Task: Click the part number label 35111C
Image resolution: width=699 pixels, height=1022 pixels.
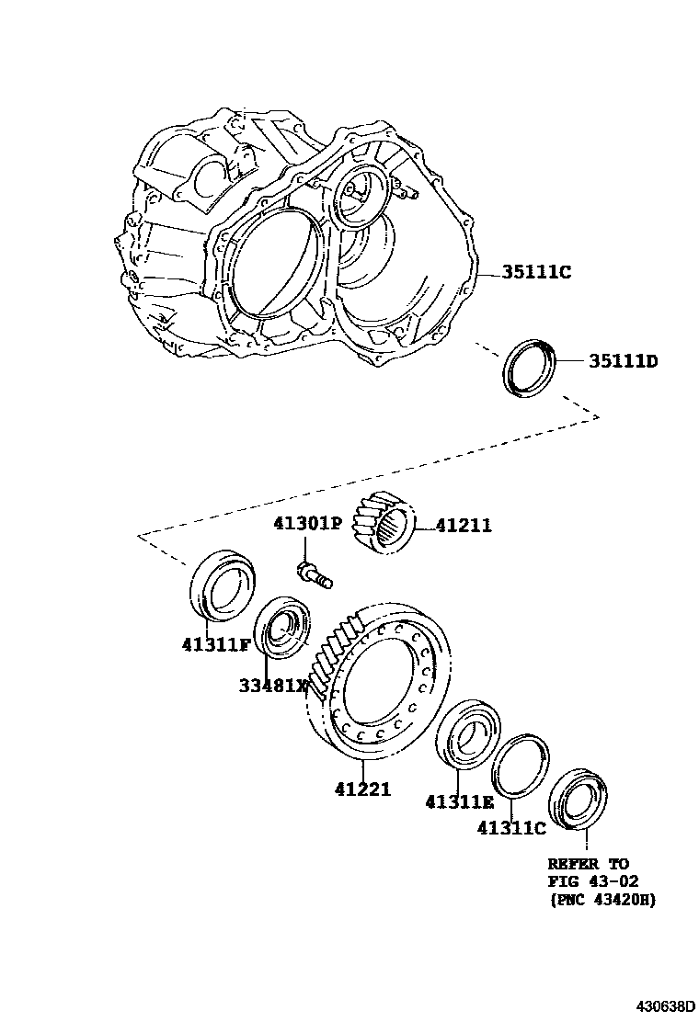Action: (536, 272)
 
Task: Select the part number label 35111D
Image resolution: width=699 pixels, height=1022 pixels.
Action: (623, 360)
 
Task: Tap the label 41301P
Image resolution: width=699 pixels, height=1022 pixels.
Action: (306, 524)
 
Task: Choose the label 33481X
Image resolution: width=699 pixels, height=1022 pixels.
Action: (273, 685)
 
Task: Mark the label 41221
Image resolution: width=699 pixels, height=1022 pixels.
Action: (362, 789)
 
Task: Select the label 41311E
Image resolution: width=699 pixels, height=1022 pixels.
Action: (459, 801)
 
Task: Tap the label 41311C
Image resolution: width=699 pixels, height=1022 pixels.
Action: (511, 827)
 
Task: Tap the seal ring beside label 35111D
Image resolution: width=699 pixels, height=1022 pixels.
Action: (529, 368)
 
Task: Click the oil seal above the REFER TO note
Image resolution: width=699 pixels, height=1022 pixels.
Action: (577, 796)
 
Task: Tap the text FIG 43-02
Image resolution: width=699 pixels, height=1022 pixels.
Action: (592, 881)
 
